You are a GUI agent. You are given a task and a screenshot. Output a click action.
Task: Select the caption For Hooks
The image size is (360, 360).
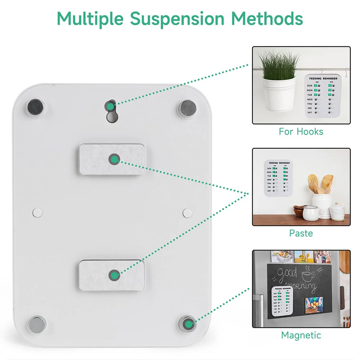click(301, 131)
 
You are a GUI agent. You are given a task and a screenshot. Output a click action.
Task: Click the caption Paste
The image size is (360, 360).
click(301, 233)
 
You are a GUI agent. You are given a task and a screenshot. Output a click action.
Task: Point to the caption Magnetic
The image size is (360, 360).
click(301, 335)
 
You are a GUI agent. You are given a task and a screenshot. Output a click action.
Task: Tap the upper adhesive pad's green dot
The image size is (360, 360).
click(114, 159)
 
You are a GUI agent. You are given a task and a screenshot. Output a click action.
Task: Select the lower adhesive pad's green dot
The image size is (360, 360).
click(114, 276)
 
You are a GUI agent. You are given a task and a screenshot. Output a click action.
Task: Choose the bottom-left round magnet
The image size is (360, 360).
click(37, 324)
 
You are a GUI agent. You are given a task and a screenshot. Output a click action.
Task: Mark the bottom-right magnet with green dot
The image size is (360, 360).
click(188, 324)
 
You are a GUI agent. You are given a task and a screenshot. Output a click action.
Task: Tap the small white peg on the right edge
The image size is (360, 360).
click(186, 212)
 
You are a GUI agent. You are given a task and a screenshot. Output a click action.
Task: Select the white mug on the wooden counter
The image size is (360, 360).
click(312, 213)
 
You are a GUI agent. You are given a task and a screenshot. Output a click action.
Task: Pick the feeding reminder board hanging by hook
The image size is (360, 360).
click(321, 95)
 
